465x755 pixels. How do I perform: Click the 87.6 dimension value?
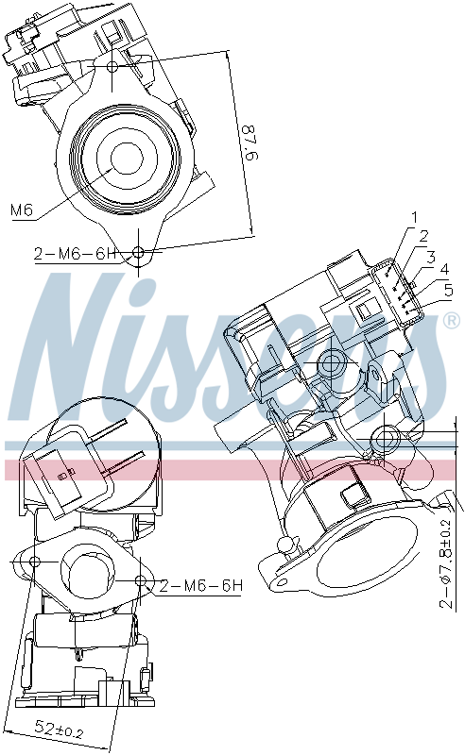(x=247, y=142)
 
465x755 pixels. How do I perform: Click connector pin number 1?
(x=413, y=218)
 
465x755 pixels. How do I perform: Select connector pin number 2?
(x=424, y=235)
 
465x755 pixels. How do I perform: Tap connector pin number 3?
(x=430, y=256)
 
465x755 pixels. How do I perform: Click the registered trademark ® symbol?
(x=452, y=321)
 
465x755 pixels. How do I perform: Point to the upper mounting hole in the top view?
(x=112, y=67)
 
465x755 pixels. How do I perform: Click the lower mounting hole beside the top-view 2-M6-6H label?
(x=139, y=252)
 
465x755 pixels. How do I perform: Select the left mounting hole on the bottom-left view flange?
(x=35, y=562)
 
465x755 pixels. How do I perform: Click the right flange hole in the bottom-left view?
(x=141, y=579)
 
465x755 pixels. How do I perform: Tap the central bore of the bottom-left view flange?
(x=89, y=571)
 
